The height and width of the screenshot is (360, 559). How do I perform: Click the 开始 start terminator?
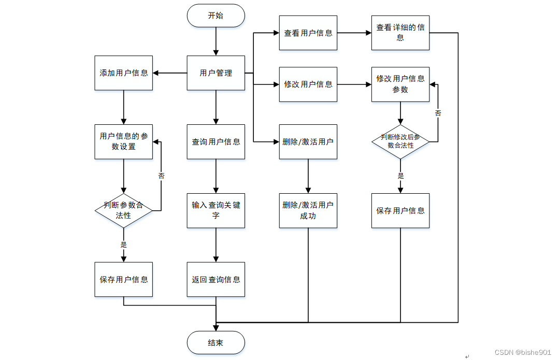point(216,16)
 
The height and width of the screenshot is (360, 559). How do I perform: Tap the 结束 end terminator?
point(216,342)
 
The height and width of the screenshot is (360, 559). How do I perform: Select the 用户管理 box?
point(216,73)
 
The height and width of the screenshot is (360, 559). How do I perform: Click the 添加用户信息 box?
point(123,73)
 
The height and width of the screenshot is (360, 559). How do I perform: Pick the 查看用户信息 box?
point(308,33)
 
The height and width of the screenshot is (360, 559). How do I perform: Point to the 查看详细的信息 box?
point(400,33)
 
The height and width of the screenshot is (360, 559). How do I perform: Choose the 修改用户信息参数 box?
point(400,84)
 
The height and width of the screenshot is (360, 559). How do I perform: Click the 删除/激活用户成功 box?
point(308,211)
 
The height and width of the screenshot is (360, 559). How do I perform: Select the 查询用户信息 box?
point(216,142)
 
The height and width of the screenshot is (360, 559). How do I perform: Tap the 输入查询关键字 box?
point(216,211)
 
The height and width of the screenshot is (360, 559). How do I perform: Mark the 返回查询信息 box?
point(216,279)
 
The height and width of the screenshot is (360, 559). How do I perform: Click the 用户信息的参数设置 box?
point(123,142)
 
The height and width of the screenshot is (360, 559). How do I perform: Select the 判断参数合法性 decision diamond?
point(123,211)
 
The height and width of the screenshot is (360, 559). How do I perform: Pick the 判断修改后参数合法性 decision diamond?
point(400,142)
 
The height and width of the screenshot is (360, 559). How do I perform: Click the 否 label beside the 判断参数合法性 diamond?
point(161,176)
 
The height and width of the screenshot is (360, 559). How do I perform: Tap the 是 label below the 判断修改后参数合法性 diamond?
point(400,176)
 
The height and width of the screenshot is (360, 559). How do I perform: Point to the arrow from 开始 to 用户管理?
point(216,41)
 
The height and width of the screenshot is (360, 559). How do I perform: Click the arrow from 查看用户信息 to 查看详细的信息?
point(354,33)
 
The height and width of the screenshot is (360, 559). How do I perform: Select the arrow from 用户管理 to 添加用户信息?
point(170,73)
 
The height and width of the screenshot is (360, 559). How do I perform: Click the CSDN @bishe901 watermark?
point(523,352)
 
